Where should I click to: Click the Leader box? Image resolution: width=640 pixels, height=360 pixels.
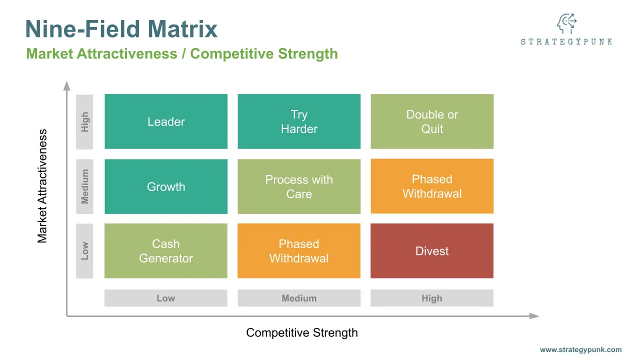point(166,121)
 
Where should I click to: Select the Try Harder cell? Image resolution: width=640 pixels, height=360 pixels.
point(299,121)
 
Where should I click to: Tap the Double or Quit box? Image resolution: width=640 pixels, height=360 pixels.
point(432,121)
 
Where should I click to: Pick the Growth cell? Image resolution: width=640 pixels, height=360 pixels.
point(166,186)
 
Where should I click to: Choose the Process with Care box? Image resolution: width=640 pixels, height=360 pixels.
point(299,186)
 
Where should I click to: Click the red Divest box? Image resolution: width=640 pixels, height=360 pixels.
point(432,251)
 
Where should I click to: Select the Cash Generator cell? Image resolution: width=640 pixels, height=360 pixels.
point(166,251)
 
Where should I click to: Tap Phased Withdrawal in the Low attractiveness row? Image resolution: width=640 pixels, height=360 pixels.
point(299,251)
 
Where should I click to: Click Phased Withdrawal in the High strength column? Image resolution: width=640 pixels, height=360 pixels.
point(432,186)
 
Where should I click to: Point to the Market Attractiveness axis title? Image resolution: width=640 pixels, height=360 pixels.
point(42,186)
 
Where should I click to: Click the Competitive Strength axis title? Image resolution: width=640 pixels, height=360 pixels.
point(302,332)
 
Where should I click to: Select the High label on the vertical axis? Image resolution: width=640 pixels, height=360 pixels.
point(84,121)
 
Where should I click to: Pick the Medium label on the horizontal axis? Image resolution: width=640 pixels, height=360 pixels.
point(299,298)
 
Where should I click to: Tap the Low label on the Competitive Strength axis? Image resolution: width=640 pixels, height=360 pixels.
point(166,298)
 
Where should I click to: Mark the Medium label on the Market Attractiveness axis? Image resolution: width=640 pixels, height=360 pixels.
point(84,186)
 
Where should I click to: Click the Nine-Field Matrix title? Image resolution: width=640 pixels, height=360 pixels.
point(121,29)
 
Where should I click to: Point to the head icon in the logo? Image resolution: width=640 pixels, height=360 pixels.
point(566,23)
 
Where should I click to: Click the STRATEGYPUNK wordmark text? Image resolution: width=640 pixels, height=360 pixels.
point(566,42)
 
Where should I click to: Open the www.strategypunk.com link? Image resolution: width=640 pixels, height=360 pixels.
point(580,350)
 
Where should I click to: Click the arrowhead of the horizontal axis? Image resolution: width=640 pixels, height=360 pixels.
point(534,316)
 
